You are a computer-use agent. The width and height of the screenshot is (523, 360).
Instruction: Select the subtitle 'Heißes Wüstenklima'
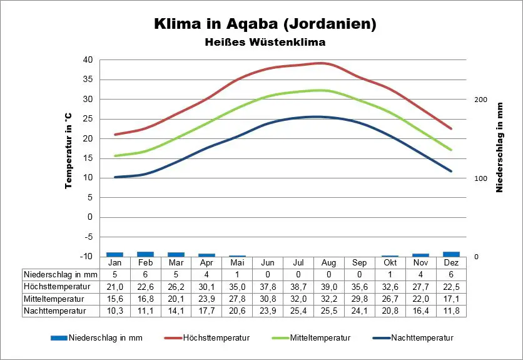tap(265, 43)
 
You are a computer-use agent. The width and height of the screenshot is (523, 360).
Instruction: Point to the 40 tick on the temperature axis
tap(87, 60)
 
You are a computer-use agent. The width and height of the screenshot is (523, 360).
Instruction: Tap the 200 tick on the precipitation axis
tap(480, 100)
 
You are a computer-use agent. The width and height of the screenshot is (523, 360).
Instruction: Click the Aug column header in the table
tap(328, 263)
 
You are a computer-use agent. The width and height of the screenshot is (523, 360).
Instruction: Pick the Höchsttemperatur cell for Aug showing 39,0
tap(328, 286)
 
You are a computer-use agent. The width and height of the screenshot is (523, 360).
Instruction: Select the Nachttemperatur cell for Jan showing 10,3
tap(114, 310)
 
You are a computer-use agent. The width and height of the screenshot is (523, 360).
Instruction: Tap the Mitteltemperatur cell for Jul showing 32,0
tap(298, 298)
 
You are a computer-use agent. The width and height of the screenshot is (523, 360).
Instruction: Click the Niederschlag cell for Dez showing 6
tap(451, 274)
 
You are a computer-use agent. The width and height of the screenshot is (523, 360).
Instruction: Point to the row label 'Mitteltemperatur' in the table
tap(51, 298)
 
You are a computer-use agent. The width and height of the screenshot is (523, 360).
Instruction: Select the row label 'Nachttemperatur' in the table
tap(50, 310)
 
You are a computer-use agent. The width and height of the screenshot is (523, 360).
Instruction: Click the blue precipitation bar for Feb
tap(145, 254)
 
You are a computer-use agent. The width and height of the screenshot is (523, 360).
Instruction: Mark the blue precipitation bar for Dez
tap(451, 254)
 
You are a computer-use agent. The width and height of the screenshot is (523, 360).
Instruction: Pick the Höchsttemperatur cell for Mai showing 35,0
tap(236, 286)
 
